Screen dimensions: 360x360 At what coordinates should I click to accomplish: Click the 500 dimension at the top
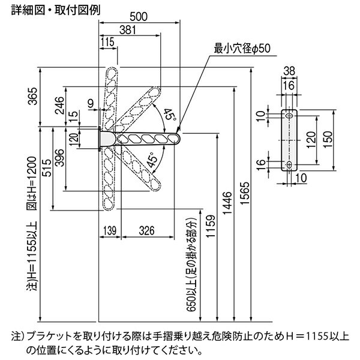(139, 17)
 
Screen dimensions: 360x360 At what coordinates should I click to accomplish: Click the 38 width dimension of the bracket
(289, 71)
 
